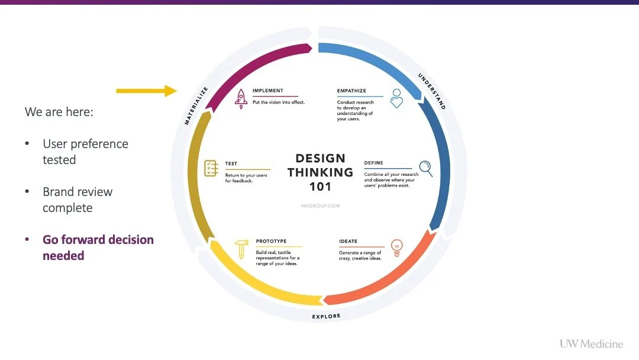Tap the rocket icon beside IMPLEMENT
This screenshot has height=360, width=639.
tap(241, 98)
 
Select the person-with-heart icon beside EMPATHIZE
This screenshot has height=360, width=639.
tap(396, 98)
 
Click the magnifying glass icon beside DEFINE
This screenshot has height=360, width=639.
tap(425, 169)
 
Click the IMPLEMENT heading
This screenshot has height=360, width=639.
tap(267, 91)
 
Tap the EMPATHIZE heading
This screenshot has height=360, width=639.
tap(351, 91)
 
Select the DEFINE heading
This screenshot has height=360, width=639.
tap(373, 163)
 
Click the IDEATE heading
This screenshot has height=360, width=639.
tap(348, 242)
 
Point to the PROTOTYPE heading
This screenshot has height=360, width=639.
tap(271, 242)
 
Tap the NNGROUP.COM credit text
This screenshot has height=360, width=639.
tap(320, 206)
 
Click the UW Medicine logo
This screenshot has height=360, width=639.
tap(591, 344)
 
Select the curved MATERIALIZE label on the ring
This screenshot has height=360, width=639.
tap(196, 106)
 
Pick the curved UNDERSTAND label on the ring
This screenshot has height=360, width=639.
tap(432, 91)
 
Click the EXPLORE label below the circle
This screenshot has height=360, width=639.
tap(327, 317)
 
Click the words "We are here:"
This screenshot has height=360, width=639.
tap(59, 111)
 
